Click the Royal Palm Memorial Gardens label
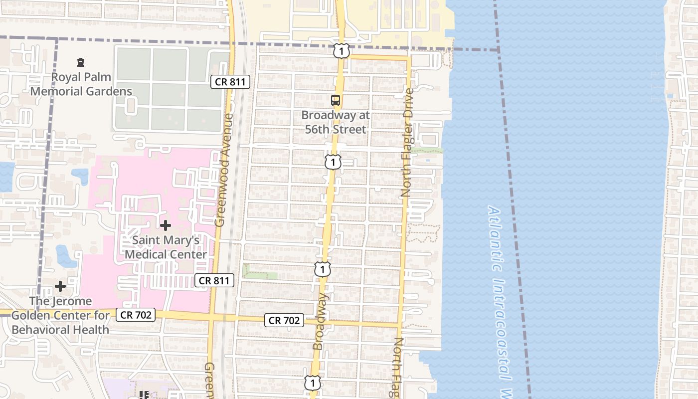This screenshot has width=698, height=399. click(81, 84)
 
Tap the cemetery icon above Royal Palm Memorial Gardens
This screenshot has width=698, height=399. click(80, 62)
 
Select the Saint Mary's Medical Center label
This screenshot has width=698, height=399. click(166, 247)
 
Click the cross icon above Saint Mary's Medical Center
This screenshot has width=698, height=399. click(166, 225)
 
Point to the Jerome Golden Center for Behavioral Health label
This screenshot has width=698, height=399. click(60, 315)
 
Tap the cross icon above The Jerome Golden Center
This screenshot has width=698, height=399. click(60, 286)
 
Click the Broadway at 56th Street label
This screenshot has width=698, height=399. click(336, 122)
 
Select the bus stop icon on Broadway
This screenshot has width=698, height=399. click(336, 100)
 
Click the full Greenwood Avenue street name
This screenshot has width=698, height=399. click(224, 170)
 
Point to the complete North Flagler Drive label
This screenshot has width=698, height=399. click(407, 143)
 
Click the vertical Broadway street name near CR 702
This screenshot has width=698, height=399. click(321, 321)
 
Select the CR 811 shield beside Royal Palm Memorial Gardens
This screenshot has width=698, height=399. click(230, 82)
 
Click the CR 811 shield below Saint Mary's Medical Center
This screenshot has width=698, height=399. click(214, 280)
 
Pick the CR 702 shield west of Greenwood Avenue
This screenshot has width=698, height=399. click(136, 315)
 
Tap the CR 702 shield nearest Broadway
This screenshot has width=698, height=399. click(284, 321)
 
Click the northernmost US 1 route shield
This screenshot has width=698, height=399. click(342, 50)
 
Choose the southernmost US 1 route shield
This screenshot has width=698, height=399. click(313, 383)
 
